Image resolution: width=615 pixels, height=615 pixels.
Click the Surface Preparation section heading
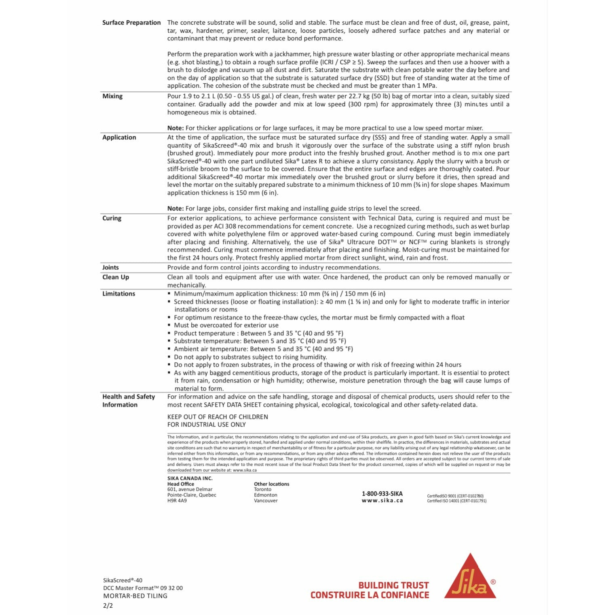click(x=131, y=23)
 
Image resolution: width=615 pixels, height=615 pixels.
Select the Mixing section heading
click(x=112, y=96)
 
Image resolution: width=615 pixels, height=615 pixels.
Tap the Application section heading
click(x=119, y=137)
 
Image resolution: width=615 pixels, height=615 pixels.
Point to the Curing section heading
click(x=112, y=218)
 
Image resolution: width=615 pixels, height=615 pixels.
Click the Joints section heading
click(x=110, y=267)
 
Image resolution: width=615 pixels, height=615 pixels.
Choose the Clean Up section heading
click(x=116, y=277)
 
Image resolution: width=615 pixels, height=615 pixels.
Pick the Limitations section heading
click(x=118, y=294)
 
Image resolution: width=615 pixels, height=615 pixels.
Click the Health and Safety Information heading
click(x=129, y=401)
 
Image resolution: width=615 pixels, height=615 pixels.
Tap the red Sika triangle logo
click(x=470, y=578)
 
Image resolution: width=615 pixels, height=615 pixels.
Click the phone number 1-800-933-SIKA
click(x=382, y=494)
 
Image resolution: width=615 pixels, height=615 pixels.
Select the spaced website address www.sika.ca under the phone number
click(x=382, y=501)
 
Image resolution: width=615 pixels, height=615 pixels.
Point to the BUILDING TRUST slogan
click(x=393, y=585)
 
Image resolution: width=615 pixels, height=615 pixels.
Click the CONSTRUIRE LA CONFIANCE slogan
click(x=370, y=595)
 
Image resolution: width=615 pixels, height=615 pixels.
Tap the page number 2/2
click(x=108, y=605)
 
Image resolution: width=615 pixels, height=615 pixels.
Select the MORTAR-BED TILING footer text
click(x=135, y=596)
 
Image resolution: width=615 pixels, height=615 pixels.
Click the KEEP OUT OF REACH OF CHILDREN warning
click(x=218, y=417)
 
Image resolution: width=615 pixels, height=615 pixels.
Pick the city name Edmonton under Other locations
click(x=266, y=495)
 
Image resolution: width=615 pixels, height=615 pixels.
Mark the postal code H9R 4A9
click(x=177, y=501)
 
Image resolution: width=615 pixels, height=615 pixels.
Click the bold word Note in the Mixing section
click(x=175, y=128)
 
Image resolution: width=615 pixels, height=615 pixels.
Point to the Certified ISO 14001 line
click(x=456, y=501)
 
